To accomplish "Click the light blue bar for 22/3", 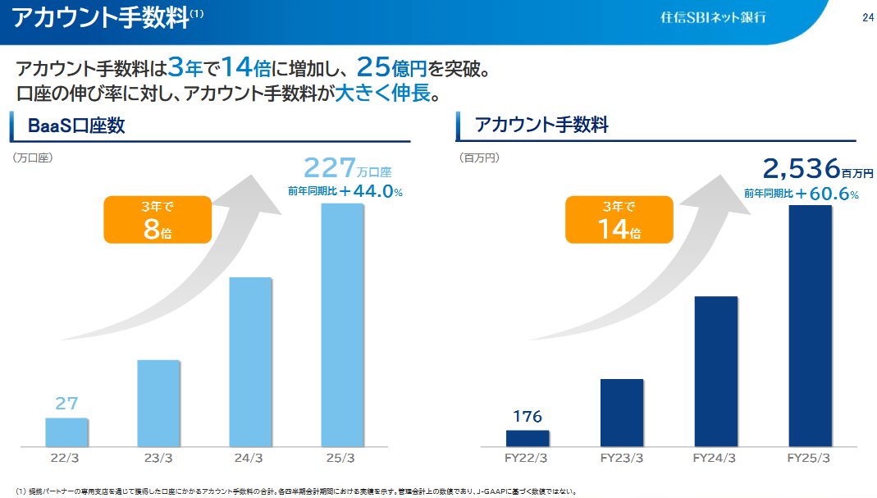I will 66,432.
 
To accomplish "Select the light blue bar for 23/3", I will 158,403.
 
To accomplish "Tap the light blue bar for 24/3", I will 250,361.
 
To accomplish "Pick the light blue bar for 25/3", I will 342,324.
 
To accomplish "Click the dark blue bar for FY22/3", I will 528,438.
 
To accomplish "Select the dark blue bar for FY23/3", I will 622,413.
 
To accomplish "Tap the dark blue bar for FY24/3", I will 715,371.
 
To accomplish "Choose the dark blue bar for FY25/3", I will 810,325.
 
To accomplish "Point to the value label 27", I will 66,404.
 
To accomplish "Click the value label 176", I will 528,416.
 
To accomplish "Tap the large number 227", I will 330,168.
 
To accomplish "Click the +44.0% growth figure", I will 371,192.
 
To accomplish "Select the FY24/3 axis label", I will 715,458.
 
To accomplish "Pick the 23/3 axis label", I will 158,458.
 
